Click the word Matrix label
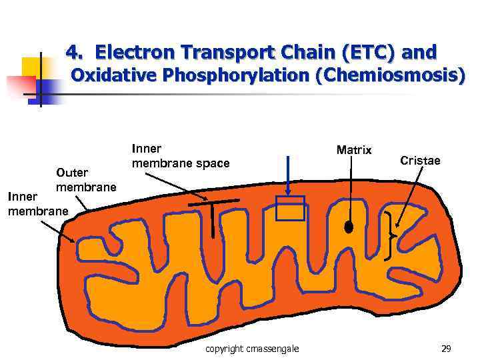click(x=354, y=149)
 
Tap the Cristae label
click(x=420, y=161)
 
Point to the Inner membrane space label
click(x=180, y=156)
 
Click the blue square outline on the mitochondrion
click(x=290, y=208)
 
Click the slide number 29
click(x=446, y=349)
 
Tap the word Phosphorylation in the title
click(x=236, y=75)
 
